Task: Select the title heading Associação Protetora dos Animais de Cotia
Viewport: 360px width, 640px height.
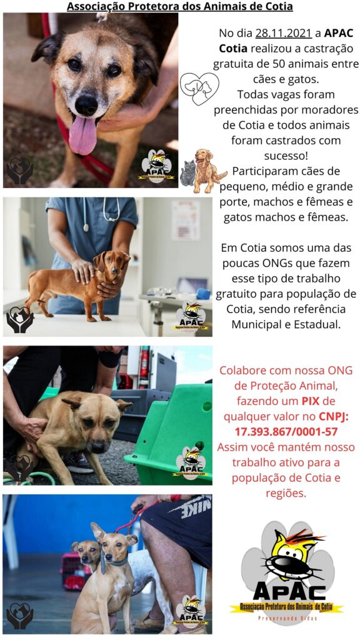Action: pos(179,7)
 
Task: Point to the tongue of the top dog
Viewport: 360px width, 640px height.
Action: pos(82,135)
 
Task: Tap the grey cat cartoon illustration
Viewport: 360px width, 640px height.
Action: pos(187,173)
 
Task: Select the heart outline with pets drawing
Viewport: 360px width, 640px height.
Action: pos(199,88)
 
